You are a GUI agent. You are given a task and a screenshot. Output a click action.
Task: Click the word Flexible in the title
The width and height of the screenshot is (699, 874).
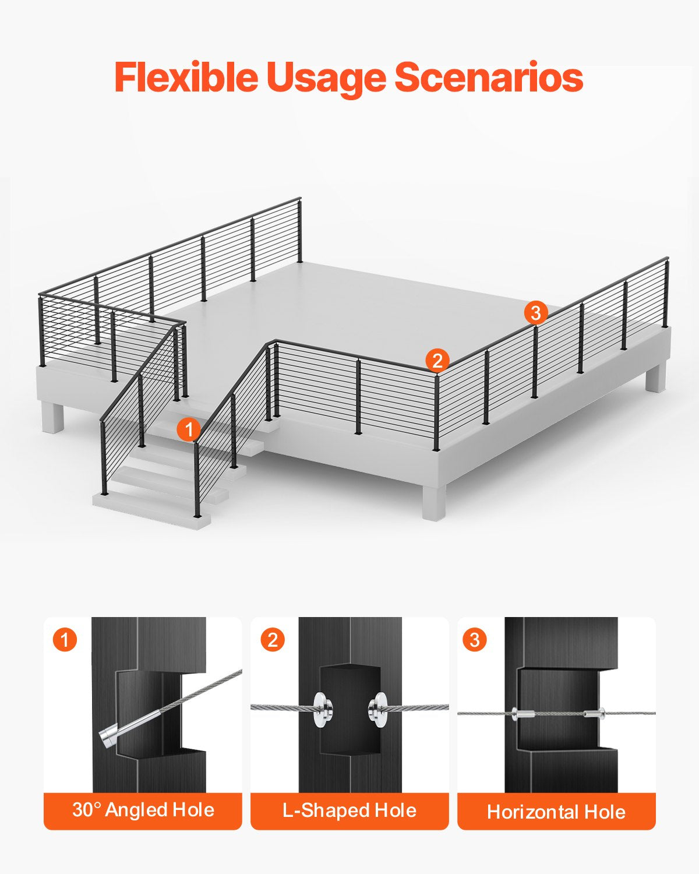coord(185,77)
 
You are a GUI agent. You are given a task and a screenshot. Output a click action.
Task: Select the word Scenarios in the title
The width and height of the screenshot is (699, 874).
coord(489,77)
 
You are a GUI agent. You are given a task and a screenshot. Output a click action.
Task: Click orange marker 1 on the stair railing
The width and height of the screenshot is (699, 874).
coord(188,430)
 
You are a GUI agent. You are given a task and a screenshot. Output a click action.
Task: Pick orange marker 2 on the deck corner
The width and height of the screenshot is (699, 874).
coord(437,360)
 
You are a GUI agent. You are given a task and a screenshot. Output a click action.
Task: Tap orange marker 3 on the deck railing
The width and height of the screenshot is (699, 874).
coord(535,313)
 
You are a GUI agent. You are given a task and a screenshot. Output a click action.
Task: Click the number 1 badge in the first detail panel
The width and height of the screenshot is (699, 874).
coord(65,640)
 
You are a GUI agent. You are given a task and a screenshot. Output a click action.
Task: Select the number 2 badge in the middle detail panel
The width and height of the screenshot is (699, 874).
coord(272,640)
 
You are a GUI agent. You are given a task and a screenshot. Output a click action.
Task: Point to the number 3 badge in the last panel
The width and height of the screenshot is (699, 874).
coord(475,640)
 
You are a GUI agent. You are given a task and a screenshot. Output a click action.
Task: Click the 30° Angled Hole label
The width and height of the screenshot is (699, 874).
coord(143,810)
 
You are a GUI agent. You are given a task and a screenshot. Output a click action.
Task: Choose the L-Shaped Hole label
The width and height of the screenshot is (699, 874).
coord(349,810)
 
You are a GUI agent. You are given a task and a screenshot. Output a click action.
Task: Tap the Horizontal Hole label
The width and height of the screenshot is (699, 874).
coord(556,811)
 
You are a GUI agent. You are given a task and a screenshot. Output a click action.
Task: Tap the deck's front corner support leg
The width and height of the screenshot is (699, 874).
coord(433,501)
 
